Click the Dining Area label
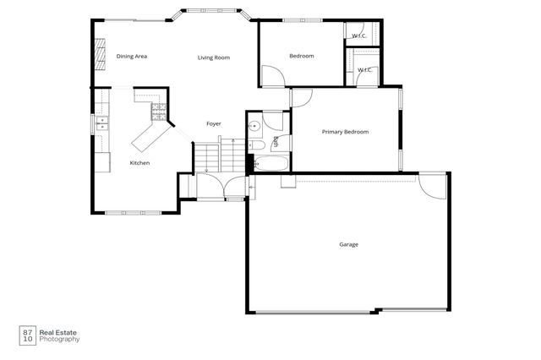click(132, 57)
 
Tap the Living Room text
click(214, 57)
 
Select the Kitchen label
click(139, 162)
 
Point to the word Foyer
click(214, 124)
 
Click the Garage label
click(348, 245)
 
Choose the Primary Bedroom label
click(344, 132)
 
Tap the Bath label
click(276, 141)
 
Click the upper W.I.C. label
click(359, 35)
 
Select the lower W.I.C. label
click(365, 70)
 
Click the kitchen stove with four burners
click(158, 110)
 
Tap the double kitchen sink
click(102, 128)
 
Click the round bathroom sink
click(254, 128)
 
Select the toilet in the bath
click(254, 143)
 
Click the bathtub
click(270, 162)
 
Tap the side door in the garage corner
click(433, 185)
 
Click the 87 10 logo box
click(27, 335)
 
